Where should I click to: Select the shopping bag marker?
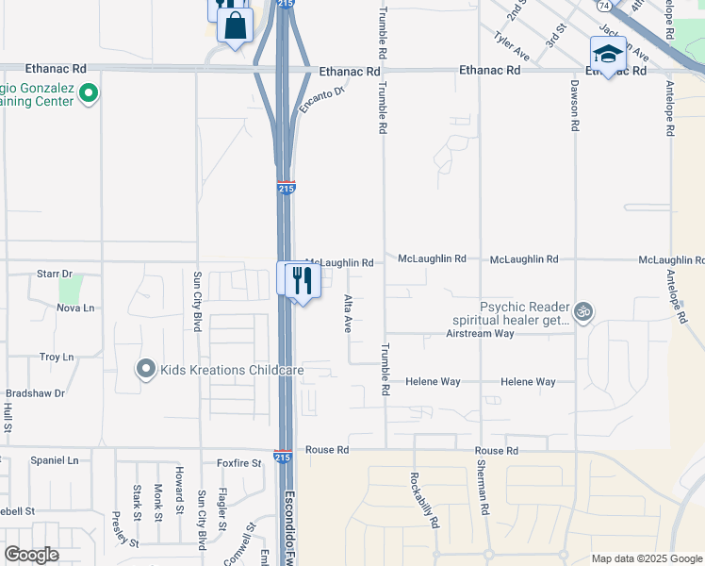pos(235,25)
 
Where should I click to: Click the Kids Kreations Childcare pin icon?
pos(146,370)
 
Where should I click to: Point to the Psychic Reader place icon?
pos(583,310)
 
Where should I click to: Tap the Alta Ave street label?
pos(348,312)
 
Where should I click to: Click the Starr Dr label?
pos(54,274)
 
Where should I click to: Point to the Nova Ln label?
pos(76,308)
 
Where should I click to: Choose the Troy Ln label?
pos(57,357)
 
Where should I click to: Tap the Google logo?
pos(31,555)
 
